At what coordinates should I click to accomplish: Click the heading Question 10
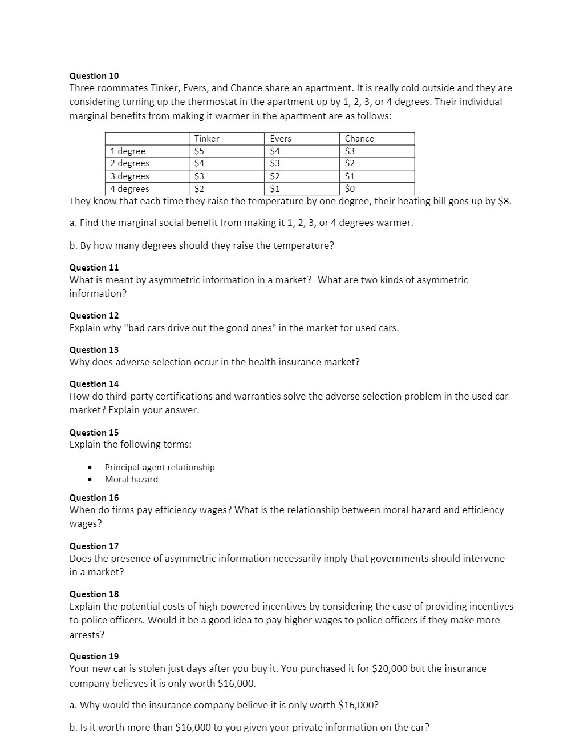(94, 76)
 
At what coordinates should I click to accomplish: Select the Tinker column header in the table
(206, 139)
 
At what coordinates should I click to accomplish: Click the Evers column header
(280, 139)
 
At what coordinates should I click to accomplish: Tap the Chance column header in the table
(359, 139)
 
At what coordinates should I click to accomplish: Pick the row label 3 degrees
(129, 176)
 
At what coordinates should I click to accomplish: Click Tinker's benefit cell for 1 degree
(199, 151)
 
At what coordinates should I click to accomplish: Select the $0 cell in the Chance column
(350, 189)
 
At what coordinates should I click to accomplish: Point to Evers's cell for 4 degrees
(275, 189)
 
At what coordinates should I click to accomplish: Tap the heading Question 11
(94, 268)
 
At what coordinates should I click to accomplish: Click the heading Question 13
(94, 350)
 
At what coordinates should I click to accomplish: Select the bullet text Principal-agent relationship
(160, 468)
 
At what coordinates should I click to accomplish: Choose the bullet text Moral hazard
(131, 480)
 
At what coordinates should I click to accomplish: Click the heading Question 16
(94, 498)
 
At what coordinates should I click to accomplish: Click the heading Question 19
(94, 657)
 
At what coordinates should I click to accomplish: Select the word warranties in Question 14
(267, 396)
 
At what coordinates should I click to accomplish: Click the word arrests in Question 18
(86, 635)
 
